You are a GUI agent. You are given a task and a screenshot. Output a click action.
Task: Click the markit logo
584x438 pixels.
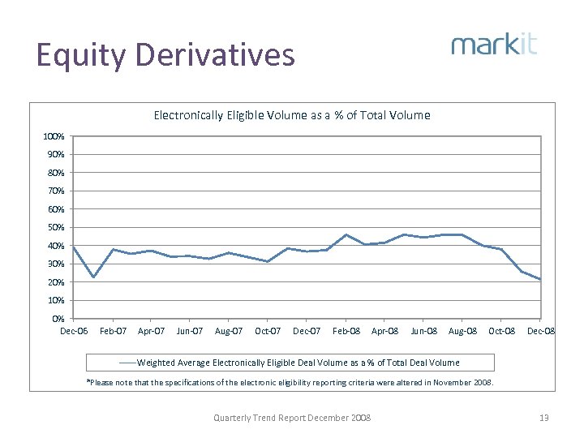494,44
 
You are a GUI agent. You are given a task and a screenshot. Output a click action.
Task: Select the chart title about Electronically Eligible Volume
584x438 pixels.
292,115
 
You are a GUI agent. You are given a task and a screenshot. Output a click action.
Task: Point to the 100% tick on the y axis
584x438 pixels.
54,136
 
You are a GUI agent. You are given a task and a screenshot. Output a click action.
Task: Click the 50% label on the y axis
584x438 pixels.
54,228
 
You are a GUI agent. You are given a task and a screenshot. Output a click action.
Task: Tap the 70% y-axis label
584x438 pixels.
54,191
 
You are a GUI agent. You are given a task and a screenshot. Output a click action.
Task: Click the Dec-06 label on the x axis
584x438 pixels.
73,331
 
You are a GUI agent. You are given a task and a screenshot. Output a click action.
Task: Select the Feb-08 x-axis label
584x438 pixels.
346,331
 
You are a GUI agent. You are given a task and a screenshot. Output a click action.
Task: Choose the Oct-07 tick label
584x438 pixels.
268,331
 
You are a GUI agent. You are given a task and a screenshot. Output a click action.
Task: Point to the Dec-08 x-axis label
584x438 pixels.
541,331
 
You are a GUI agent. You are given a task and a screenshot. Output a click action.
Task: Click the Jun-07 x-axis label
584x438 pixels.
190,331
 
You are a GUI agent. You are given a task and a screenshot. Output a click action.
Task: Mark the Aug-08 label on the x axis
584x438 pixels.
462,331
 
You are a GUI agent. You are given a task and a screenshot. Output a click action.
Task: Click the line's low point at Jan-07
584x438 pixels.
93,277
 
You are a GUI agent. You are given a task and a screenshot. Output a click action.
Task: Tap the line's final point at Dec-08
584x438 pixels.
540,280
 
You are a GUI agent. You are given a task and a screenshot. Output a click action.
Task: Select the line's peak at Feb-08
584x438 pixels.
346,234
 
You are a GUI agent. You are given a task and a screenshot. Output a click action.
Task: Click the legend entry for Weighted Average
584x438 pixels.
292,363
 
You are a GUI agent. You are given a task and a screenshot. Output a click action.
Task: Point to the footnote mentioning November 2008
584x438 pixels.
290,382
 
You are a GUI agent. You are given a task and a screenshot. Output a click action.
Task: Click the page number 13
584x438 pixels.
544,418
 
